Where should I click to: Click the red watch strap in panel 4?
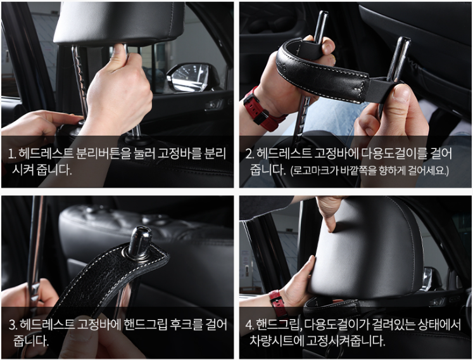276,300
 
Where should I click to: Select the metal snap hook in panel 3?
141,243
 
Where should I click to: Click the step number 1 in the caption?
11,154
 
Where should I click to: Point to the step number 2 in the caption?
249,154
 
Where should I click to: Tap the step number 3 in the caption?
13,325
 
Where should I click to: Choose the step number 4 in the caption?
249,325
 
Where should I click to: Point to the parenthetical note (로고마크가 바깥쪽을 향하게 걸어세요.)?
370,170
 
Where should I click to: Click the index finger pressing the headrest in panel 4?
331,216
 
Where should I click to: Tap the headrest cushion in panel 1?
119,23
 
